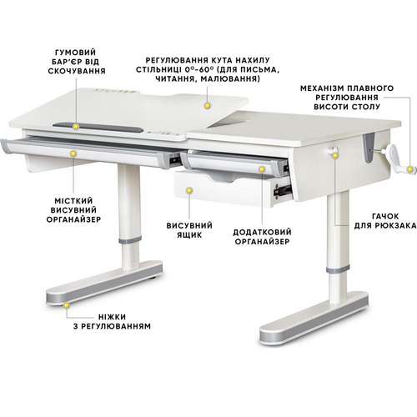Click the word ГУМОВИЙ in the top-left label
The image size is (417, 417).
pos(76,53)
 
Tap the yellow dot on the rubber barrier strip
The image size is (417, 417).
pos(75,127)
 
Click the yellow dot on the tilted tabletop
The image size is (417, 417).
pos(207,106)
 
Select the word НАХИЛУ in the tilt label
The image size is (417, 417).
pos(252,60)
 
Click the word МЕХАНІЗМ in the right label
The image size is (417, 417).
pos(323,88)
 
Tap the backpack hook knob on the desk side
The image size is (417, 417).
pos(331,150)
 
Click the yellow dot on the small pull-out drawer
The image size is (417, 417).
pos(189,191)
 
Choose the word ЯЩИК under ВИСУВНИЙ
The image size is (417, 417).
pos(189,235)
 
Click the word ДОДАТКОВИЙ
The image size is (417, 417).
pos(262,232)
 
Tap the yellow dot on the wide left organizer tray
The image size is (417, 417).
pos(73,153)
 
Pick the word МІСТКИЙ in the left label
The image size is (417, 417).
pos(73,201)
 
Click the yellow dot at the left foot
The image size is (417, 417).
pos(66,305)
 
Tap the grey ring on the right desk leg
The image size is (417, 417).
pos(338,269)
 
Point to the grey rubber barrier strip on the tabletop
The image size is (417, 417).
pos(98,128)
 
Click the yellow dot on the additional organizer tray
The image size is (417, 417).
pos(262,169)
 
